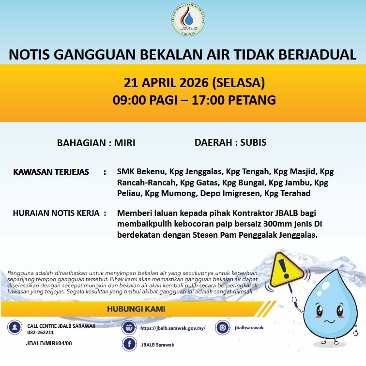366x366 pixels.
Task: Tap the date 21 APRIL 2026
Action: tap(166, 82)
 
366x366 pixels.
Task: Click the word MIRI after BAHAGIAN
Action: tap(124, 143)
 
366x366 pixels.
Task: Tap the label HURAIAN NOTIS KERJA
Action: tap(56, 213)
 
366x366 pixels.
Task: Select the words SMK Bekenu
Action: tap(140, 172)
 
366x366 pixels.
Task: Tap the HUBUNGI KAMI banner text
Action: tap(139, 309)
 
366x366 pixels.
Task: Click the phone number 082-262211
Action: tap(41, 333)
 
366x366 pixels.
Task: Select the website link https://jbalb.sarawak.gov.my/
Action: tap(173, 328)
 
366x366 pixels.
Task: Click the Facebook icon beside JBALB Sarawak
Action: tap(129, 344)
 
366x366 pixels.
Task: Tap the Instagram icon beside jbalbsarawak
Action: tap(222, 327)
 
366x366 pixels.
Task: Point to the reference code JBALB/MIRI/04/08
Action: tap(49, 343)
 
